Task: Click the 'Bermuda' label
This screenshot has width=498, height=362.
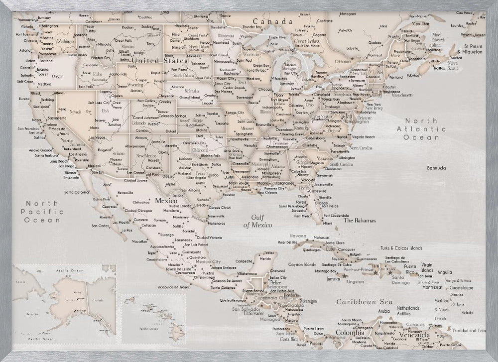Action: pyautogui.click(x=433, y=168)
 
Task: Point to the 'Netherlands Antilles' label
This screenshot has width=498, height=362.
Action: pyautogui.click(x=408, y=311)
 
